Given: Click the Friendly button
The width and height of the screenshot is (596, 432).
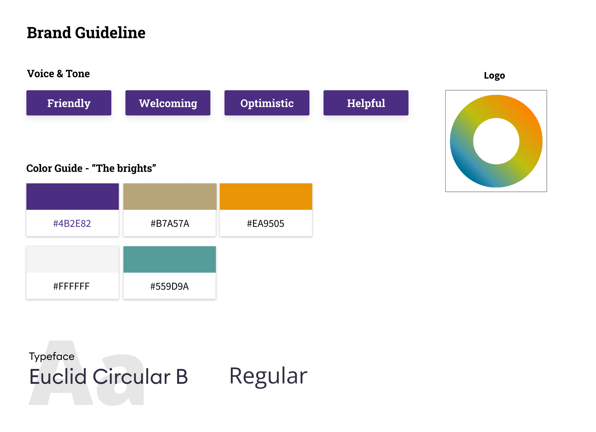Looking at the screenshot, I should pos(69,103).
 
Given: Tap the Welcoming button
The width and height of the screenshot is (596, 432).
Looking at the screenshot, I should pos(168,103).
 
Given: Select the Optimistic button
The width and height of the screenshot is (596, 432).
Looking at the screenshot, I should pos(267,103).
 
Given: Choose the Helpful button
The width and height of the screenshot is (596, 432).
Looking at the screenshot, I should pos(366,103).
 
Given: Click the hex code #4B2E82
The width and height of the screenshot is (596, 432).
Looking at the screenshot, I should pos(72,224).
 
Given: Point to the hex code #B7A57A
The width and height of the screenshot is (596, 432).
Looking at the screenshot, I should pos(170,224).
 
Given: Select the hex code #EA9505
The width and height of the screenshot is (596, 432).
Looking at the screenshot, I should pos(265,224).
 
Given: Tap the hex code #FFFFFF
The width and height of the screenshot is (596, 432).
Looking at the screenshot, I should pos(72,286).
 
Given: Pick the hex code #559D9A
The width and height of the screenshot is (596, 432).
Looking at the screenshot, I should pos(170,286).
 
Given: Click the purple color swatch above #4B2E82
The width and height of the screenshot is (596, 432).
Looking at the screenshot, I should pos(72,196).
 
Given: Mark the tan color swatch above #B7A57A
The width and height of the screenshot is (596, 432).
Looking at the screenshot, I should pos(170,196).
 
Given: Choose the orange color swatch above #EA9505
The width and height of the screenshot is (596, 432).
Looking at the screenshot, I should pos(266,196).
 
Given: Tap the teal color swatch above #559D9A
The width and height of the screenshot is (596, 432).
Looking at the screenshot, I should pos(170,259).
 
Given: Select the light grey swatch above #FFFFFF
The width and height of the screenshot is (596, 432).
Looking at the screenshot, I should pos(72,259).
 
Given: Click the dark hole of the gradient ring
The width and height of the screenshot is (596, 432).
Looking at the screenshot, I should pos(496,141).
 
